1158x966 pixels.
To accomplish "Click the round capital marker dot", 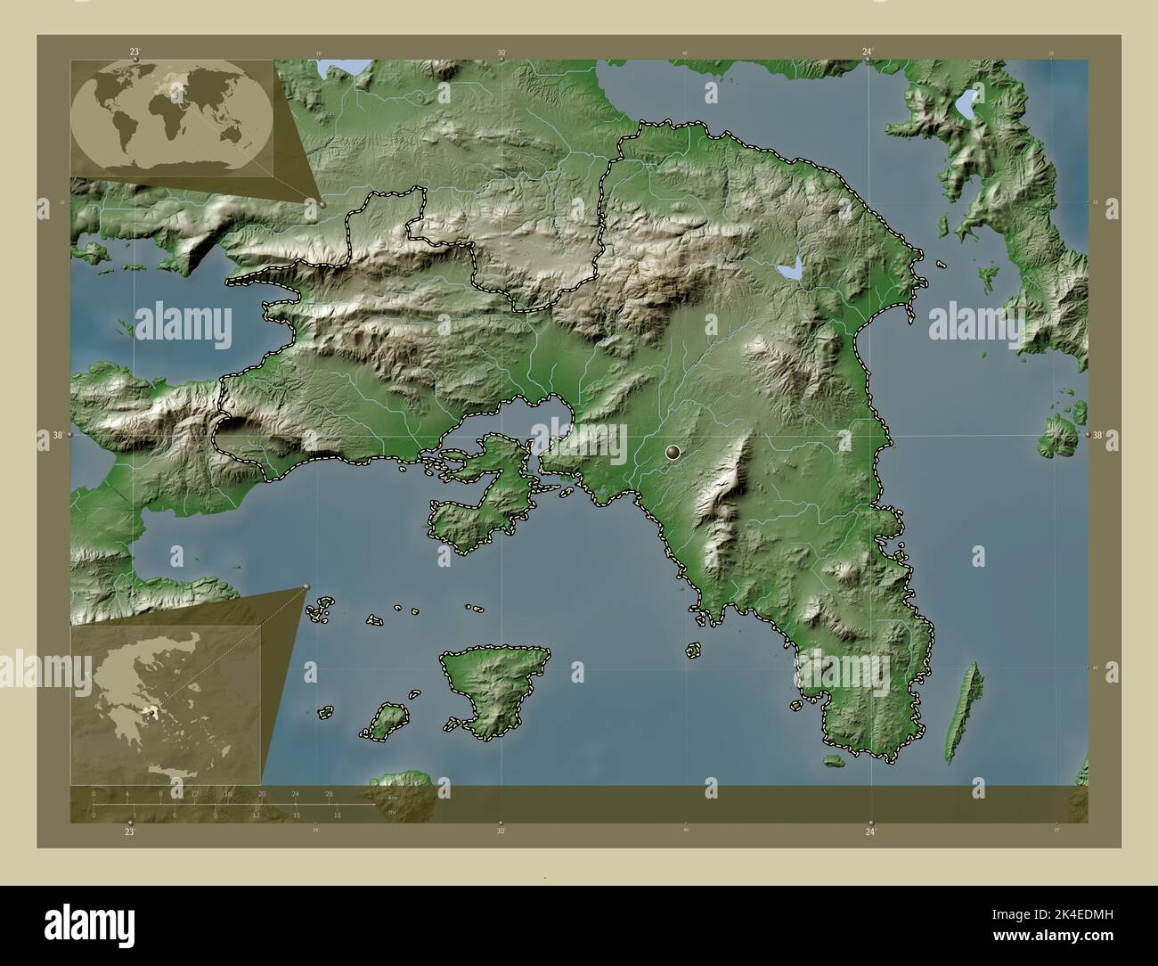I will [x=673, y=454].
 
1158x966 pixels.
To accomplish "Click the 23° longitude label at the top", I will [x=135, y=52].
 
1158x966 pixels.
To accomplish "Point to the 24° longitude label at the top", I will [x=868, y=52].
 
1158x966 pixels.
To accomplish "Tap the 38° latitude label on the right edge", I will [x=1097, y=436].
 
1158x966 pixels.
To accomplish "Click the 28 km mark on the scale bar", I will [x=330, y=793].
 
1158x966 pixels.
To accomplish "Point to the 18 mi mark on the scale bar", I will [x=337, y=815].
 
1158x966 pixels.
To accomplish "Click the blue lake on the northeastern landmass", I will [x=965, y=106].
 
